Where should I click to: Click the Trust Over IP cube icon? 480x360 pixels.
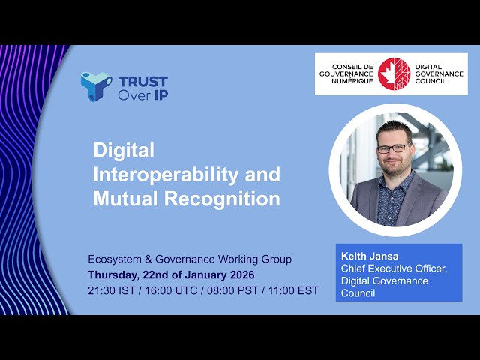(x=95, y=87)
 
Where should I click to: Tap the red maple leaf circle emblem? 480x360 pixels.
(x=394, y=73)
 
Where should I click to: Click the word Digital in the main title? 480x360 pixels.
(x=124, y=150)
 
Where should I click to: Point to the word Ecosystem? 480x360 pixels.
(x=112, y=259)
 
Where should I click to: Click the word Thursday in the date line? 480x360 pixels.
(x=113, y=274)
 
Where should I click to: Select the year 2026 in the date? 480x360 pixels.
(x=239, y=274)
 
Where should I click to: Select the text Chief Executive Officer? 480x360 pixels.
(x=394, y=268)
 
